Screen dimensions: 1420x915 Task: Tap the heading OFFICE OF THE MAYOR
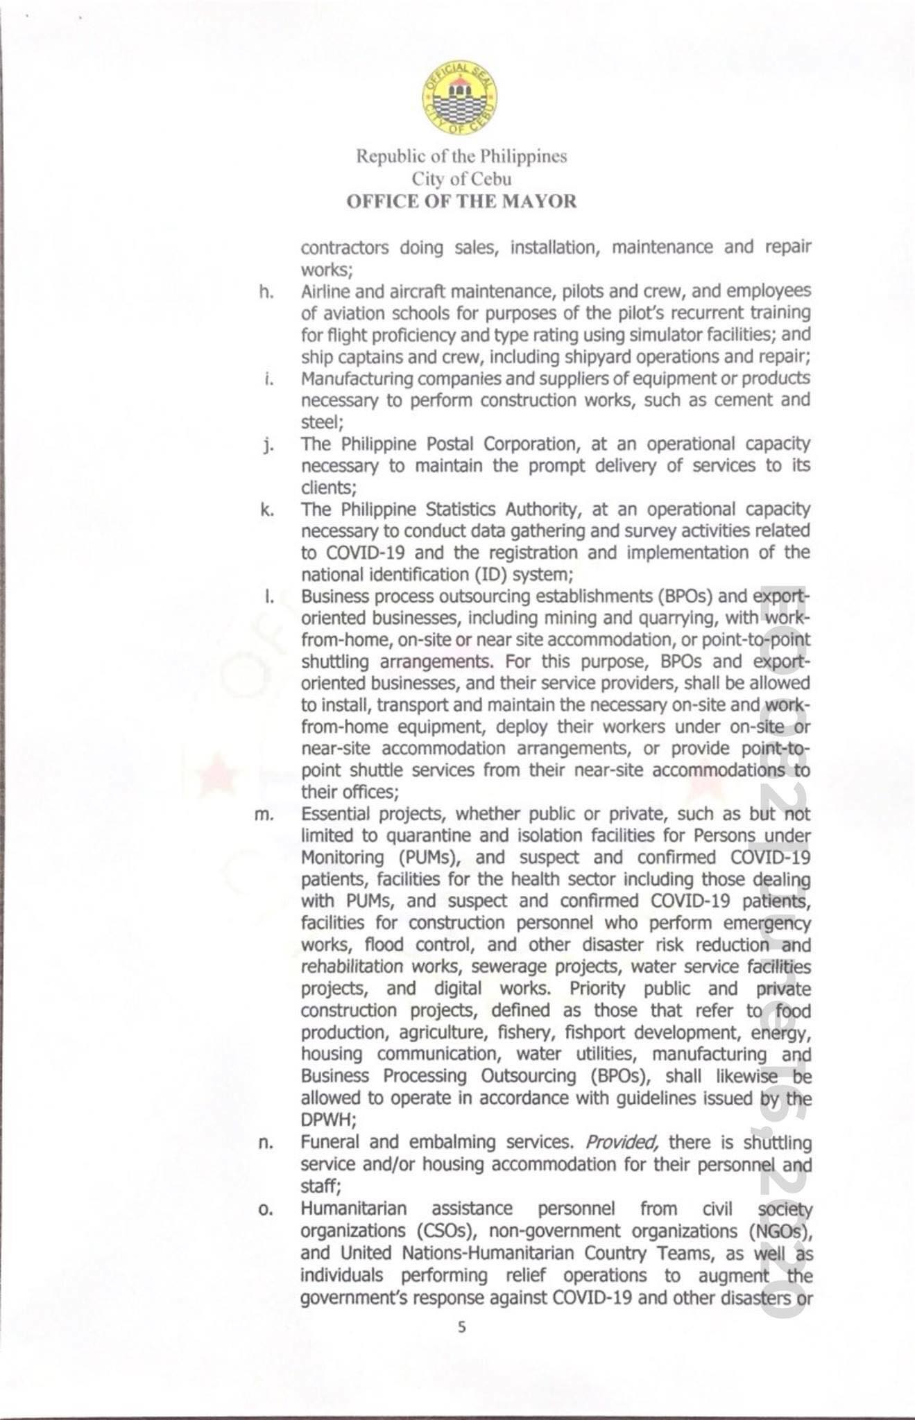click(x=461, y=202)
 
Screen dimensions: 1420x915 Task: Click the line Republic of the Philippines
click(x=461, y=156)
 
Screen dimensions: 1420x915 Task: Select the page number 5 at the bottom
click(x=462, y=1327)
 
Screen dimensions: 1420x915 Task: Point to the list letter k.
click(x=266, y=510)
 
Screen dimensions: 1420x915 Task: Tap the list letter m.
click(x=264, y=815)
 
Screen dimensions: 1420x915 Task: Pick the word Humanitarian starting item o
click(x=353, y=1209)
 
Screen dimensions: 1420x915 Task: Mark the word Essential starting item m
click(x=330, y=813)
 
